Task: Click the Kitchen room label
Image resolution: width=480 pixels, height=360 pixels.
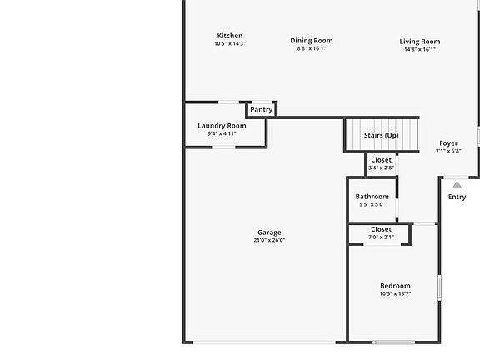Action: pos(230,36)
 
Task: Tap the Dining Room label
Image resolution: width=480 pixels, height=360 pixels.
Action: pos(312,41)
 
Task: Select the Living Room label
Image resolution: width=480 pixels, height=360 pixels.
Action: pos(420,42)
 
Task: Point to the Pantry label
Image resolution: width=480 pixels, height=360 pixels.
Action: pos(261,110)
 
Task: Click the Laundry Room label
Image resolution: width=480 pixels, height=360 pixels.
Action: pos(222,126)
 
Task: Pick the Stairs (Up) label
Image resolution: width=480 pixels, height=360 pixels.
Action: pos(382,135)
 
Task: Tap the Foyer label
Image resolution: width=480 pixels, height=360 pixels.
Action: pos(448,143)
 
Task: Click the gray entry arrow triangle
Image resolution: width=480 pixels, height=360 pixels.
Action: pos(457,185)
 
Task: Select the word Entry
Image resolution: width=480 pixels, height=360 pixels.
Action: pos(457,197)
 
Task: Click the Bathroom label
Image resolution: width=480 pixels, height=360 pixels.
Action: pos(372,197)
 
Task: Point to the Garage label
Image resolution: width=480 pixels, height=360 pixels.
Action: pos(269,232)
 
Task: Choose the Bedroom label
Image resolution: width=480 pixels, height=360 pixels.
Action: pos(395,286)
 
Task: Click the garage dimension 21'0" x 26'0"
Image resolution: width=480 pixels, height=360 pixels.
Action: pos(269,240)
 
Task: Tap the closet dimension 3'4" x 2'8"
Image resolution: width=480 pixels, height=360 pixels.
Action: pos(381,167)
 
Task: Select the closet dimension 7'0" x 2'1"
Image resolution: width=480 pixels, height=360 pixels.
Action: pos(381,237)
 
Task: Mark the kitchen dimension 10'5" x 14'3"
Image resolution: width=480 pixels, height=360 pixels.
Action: pos(230,43)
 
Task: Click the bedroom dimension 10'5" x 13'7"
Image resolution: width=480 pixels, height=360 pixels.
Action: pos(395,293)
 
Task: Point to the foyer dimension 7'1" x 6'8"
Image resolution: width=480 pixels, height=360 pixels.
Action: pos(448,151)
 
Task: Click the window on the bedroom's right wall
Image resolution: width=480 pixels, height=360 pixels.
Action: pos(440,287)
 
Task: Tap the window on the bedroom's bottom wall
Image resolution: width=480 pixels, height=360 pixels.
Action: pos(393,342)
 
